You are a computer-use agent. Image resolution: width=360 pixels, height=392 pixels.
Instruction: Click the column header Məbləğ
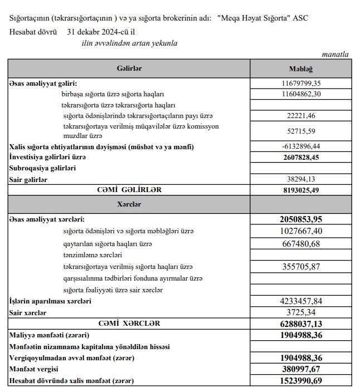(301, 68)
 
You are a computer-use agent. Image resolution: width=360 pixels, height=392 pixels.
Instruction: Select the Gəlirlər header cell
(129, 68)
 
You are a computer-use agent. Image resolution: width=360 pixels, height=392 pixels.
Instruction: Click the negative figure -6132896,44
(301, 146)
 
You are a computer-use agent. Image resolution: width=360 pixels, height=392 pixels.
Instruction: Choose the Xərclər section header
(129, 204)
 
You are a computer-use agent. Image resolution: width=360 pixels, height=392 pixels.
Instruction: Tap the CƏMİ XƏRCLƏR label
(129, 324)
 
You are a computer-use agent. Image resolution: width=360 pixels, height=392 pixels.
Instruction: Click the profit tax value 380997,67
(301, 369)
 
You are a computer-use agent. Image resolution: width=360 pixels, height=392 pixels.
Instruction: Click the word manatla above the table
(335, 54)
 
